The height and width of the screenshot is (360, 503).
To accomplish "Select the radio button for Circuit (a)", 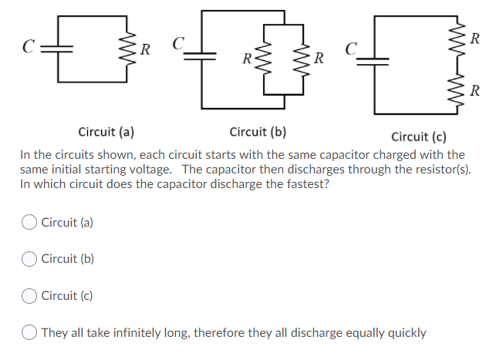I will pyautogui.click(x=30, y=222).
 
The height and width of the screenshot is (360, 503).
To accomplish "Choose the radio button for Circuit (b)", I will pyautogui.click(x=30, y=259).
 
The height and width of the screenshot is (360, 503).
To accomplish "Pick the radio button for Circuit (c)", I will pyautogui.click(x=30, y=295).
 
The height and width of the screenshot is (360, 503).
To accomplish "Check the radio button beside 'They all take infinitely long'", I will pyautogui.click(x=30, y=332).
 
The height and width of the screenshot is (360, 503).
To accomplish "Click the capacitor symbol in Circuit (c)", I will pyautogui.click(x=378, y=59).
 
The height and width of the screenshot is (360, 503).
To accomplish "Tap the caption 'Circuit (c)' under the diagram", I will pyautogui.click(x=419, y=137).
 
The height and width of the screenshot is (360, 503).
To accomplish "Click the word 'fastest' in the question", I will pyautogui.click(x=307, y=184).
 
